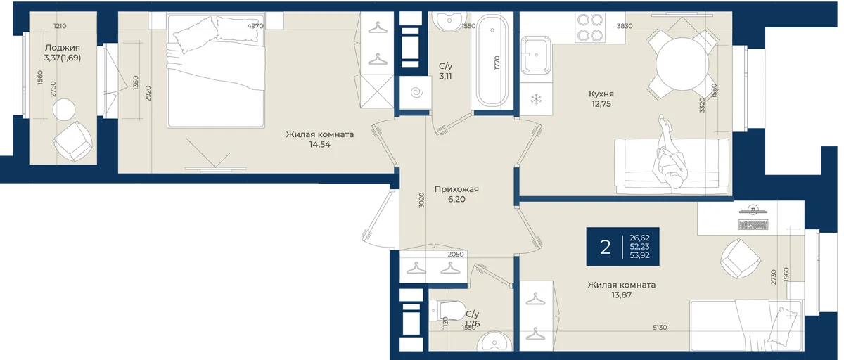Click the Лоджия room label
[x=63, y=48]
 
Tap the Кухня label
[x=601, y=94]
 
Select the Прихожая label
[x=456, y=189]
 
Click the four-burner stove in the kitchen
[x=590, y=27]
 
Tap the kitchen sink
[x=536, y=54]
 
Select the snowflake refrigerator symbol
[x=535, y=99]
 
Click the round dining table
[x=682, y=64]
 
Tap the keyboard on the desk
[x=753, y=225]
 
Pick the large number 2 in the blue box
[x=605, y=247]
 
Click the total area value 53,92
[x=639, y=255]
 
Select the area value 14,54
[x=319, y=144]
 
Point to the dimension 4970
[x=255, y=26]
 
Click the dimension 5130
[x=660, y=328]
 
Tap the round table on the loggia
[x=64, y=110]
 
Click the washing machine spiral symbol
[x=416, y=92]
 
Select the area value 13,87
[x=621, y=295]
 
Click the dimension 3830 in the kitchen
[x=625, y=26]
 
